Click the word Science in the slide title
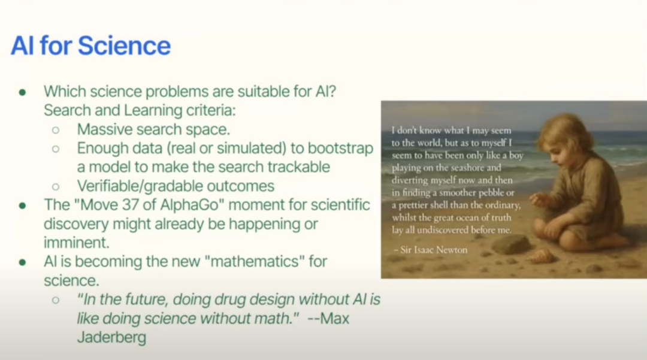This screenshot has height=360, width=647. [x=124, y=46]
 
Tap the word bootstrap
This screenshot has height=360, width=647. [x=340, y=149]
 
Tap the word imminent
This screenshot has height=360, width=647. [x=76, y=243]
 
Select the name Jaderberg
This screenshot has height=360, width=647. [x=111, y=337]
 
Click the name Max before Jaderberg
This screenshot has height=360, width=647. [x=335, y=318]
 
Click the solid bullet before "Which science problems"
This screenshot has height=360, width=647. [x=23, y=92]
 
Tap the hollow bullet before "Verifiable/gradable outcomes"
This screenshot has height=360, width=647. [x=56, y=187]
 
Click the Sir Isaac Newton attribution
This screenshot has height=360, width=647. [x=430, y=250]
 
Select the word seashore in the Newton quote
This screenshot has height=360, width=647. [x=483, y=168]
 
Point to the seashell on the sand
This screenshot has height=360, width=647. [x=541, y=256]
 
